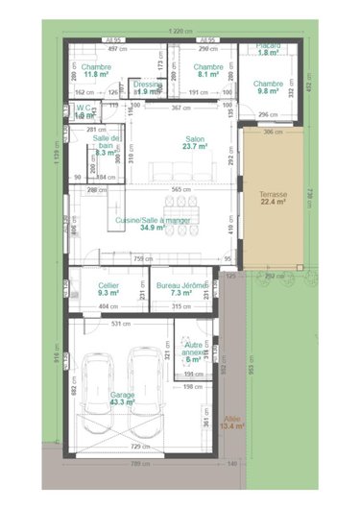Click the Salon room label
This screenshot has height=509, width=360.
tap(195, 138)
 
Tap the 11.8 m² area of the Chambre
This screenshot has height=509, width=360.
tap(97, 73)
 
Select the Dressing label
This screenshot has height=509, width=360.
tap(148, 84)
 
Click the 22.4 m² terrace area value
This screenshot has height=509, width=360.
tap(273, 203)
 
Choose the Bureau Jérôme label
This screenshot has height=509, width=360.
tap(182, 285)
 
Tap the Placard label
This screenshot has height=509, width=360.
tap(267, 45)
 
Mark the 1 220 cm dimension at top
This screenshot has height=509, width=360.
tap(178, 30)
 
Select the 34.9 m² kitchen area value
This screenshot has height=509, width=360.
tap(153, 229)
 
